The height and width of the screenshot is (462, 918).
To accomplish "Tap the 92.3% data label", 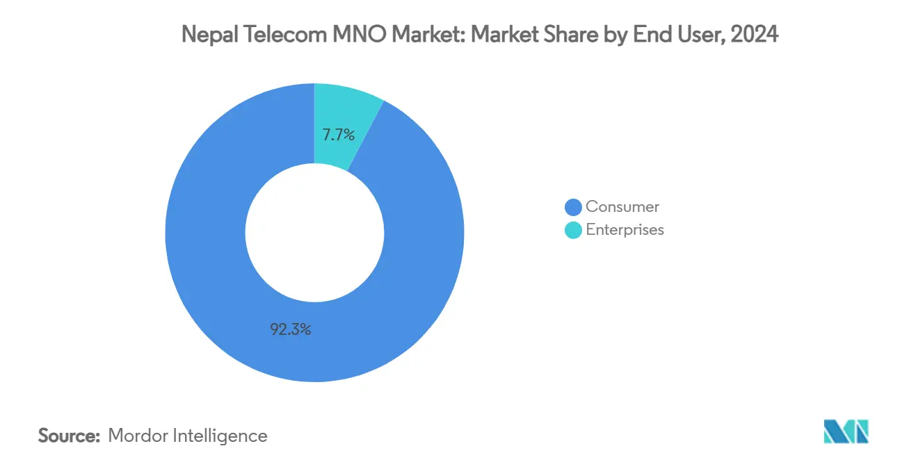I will pos(291,330).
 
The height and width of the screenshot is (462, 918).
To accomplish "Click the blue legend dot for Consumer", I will pos(573,207).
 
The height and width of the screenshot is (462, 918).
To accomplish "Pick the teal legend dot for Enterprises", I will pos(573,230).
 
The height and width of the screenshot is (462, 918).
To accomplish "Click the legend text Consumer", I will pos(622,206).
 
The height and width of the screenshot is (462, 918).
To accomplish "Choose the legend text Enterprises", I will pos(625,230).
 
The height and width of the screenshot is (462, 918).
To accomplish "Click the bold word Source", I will pos(70,436).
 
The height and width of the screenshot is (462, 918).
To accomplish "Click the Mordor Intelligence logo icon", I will pos(846,431).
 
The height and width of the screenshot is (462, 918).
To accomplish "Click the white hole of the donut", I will pos(314,233).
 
